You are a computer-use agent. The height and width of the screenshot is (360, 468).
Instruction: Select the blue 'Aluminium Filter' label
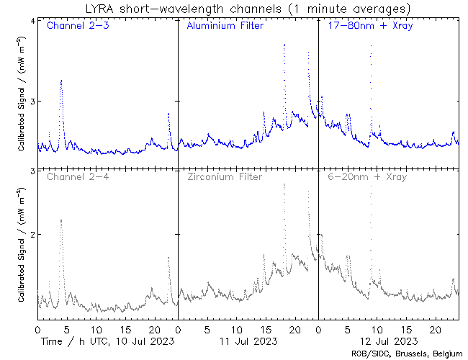tap(225, 27)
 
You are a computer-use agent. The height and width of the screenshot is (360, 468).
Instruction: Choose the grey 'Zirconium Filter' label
tap(225, 176)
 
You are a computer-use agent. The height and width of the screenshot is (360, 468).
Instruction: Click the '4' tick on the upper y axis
tap(32, 21)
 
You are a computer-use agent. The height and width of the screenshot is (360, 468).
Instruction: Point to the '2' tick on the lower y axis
tap(32, 235)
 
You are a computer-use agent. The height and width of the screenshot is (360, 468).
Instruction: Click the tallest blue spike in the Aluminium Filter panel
tap(285, 45)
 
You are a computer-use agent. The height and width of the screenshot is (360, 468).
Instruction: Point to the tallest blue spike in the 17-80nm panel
tap(371, 46)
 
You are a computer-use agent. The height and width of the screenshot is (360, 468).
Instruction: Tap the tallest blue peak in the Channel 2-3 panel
tap(61, 81)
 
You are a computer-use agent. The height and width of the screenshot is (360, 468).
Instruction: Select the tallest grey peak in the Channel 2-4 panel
tap(61, 220)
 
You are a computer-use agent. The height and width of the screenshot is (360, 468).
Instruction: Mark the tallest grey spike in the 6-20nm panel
tap(371, 187)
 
